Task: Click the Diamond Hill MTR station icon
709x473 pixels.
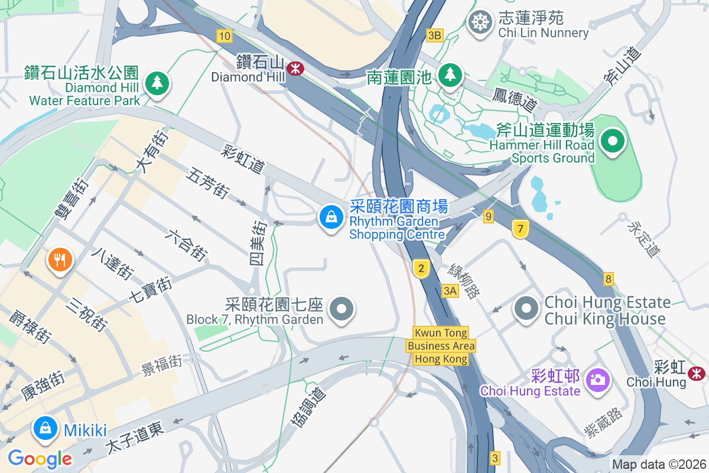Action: pos(295,69)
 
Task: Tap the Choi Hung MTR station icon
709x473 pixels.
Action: pos(697,372)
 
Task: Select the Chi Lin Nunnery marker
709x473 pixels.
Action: pos(480,23)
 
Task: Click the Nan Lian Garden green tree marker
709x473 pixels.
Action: pos(450,74)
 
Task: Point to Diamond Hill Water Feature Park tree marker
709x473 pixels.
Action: pos(157,83)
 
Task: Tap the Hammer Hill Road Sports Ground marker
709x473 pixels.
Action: pos(613,141)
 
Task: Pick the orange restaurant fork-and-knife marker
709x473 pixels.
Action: pos(59,259)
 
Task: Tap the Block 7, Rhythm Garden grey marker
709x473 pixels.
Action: pos(341,309)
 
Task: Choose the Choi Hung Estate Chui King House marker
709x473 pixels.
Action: pos(525,308)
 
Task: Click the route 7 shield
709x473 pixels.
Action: pos(520,229)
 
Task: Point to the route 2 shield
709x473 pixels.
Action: pos(421,269)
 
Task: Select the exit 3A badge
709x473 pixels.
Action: pos(450,290)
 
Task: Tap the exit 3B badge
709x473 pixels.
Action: pos(434,35)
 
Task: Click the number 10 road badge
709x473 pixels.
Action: pos(224,36)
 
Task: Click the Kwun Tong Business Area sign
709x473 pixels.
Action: pos(441,346)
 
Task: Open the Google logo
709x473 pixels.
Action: pos(40,459)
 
